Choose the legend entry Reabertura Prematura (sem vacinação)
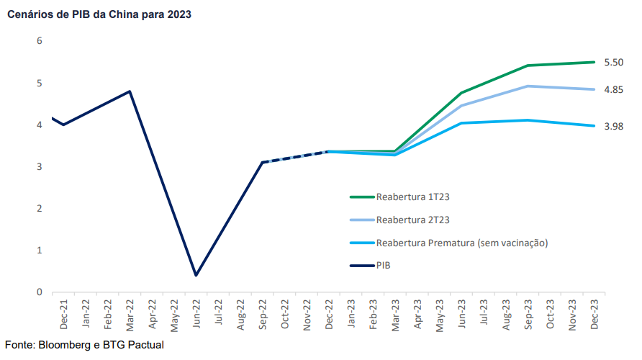coord(461,243)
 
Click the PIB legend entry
coord(383,266)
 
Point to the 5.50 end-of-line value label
coord(613,63)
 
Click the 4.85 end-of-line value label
coord(613,90)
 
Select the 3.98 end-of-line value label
coord(613,127)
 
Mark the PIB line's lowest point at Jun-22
coord(196,275)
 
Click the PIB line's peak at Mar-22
coord(130,91)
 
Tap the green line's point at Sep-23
coord(528,66)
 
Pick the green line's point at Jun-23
coord(461,93)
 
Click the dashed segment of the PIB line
coord(295,157)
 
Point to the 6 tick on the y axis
coord(39,41)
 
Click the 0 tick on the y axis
coord(39,292)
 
